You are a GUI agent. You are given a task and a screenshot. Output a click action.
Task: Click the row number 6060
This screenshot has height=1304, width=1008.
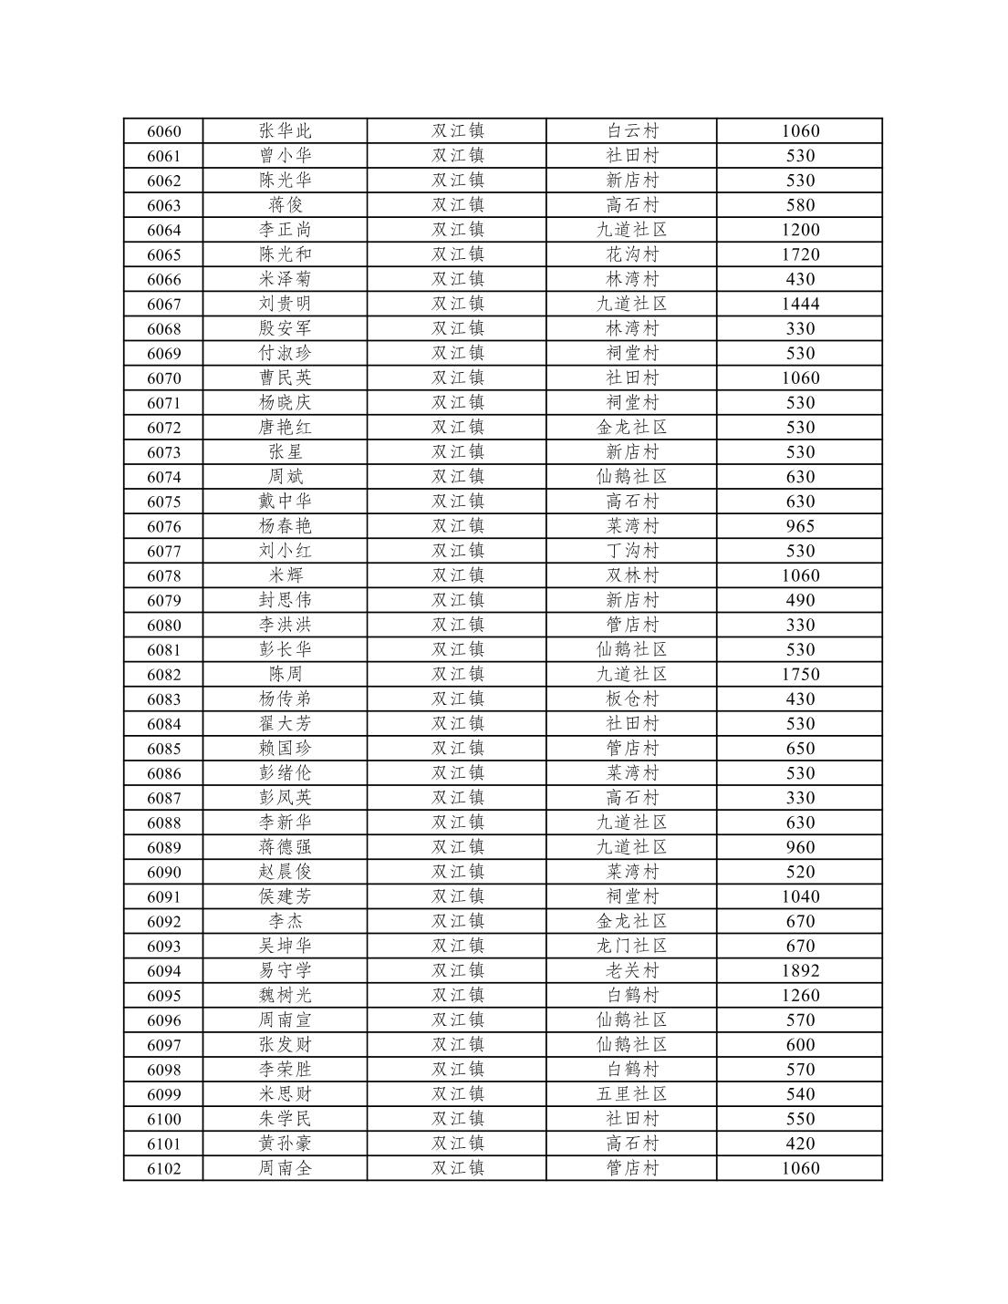coord(163,131)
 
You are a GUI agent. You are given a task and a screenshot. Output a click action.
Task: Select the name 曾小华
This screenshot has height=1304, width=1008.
coord(285,156)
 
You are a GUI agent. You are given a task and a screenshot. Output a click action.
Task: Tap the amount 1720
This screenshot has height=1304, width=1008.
coord(799,254)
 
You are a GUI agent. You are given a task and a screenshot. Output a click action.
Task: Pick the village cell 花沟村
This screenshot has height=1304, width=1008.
coord(631,254)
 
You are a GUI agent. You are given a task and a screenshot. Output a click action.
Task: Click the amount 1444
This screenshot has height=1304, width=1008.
coord(799,304)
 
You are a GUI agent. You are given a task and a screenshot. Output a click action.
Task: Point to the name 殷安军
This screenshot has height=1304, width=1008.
coord(285,328)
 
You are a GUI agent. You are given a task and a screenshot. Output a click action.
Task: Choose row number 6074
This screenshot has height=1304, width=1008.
coord(163,477)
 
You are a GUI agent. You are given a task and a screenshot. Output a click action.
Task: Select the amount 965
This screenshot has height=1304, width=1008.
coord(799,526)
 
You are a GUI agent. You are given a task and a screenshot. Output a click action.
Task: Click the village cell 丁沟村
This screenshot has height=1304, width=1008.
coord(631,551)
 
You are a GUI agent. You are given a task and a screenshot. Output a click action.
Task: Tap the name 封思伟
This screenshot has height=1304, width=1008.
coord(285,600)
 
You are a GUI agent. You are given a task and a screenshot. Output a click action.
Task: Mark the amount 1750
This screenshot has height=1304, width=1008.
coord(799,674)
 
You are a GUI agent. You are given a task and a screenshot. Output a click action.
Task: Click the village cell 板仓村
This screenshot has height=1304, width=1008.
coord(631,699)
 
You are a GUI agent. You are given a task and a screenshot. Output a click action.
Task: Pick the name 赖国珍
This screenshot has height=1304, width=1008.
coord(285,748)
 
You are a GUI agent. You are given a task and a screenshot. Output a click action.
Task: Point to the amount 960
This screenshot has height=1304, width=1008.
coord(799,847)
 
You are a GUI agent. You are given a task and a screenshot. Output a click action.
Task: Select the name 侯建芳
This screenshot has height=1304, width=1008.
coord(285,896)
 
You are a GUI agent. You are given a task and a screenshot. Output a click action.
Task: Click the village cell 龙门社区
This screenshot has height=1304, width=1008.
coord(631,946)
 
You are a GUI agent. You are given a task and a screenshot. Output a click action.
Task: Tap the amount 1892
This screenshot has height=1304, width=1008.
coord(799,970)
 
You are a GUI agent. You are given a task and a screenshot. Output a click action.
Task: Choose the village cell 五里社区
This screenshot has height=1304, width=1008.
coord(631,1093)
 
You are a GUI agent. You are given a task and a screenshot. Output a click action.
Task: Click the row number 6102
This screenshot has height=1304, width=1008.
coord(163,1168)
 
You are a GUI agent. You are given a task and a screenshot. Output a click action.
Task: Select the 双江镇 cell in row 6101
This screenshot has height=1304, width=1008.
coord(457,1144)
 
